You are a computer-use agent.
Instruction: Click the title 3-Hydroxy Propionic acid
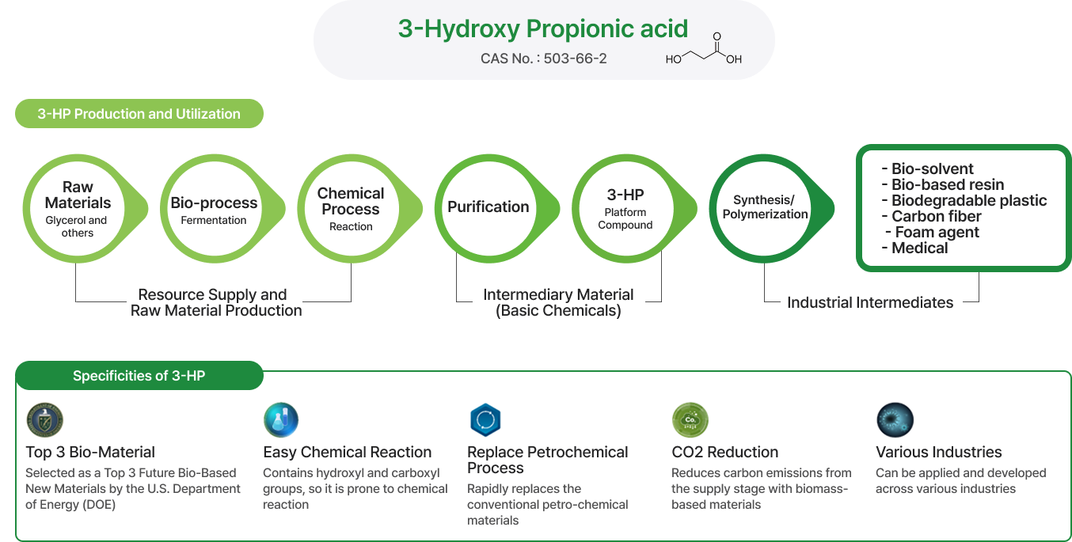pyautogui.click(x=543, y=28)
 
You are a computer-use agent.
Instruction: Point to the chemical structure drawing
pyautogui.click(x=704, y=48)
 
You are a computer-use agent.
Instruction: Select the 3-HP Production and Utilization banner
pyautogui.click(x=139, y=113)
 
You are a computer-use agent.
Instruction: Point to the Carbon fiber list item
pyautogui.click(x=931, y=216)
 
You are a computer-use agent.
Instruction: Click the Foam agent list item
pyautogui.click(x=932, y=232)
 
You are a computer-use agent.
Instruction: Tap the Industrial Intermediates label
pyautogui.click(x=870, y=302)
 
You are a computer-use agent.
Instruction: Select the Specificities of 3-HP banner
pyautogui.click(x=139, y=376)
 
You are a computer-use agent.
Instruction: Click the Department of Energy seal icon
pyautogui.click(x=45, y=420)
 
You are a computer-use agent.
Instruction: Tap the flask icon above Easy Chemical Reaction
pyautogui.click(x=281, y=420)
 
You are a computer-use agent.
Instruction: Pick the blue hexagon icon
pyautogui.click(x=485, y=420)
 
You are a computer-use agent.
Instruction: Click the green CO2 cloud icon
pyautogui.click(x=690, y=420)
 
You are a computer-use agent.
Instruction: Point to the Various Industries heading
pyautogui.click(x=938, y=452)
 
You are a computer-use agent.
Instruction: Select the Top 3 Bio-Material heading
pyautogui.click(x=90, y=452)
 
